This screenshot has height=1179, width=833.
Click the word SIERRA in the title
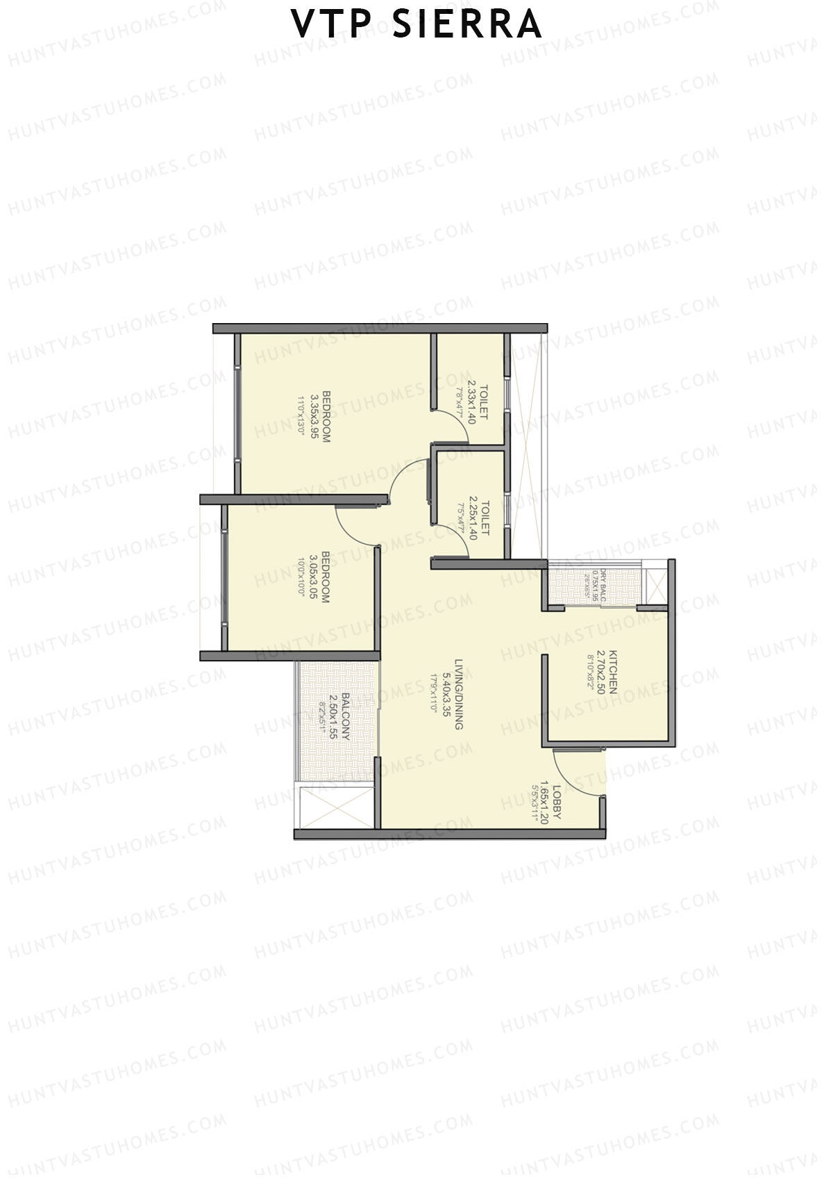click(x=466, y=25)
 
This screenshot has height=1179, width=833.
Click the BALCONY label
click(x=345, y=716)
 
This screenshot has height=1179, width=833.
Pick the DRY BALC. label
click(x=603, y=582)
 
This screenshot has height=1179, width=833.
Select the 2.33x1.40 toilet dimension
click(x=472, y=402)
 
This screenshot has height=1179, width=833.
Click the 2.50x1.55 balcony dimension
click(x=334, y=716)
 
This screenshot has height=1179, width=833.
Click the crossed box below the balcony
click(x=335, y=806)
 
